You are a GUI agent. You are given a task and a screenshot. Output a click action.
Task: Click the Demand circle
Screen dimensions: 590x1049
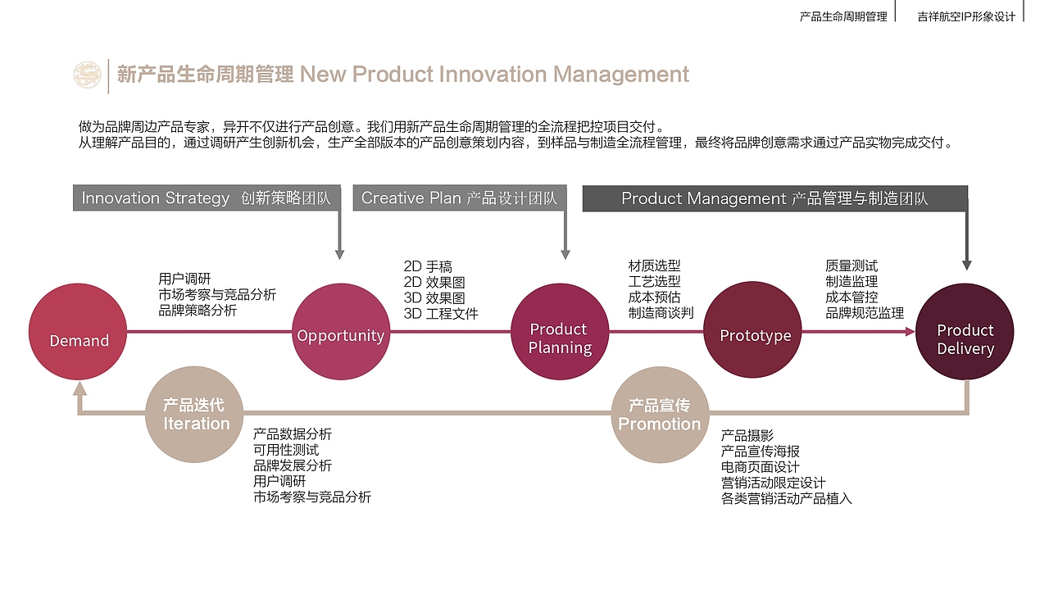coord(78,332)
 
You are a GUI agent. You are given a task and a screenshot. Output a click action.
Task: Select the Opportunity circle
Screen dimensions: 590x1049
coord(340,332)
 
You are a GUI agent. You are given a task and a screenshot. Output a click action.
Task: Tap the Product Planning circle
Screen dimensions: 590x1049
coord(560,332)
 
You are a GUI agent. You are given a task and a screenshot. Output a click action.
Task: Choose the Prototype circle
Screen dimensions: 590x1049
coord(753,331)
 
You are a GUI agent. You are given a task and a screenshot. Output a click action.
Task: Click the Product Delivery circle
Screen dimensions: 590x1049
coord(965,332)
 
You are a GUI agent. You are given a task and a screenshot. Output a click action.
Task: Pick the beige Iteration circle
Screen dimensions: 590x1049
coord(194,415)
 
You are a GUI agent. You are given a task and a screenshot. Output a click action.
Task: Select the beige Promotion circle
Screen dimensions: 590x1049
coord(660,415)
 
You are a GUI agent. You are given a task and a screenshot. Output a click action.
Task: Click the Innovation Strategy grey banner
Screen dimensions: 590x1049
coord(206,198)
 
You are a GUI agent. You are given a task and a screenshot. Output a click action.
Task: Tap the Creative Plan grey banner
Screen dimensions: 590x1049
coord(459,198)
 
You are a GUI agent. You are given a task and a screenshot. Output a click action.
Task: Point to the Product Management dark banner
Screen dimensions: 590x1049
coord(774,198)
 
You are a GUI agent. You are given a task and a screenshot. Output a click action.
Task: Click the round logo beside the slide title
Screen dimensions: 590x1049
coord(87,75)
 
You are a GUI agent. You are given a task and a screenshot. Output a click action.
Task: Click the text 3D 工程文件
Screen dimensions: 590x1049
coord(441,314)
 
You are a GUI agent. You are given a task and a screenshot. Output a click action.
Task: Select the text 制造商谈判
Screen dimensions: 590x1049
coord(661,313)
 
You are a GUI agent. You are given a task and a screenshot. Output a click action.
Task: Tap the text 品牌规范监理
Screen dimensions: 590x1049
coord(865,313)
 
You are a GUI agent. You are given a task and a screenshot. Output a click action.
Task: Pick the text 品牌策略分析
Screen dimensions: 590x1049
coord(198,311)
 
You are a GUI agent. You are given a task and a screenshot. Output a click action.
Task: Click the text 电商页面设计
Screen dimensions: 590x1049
coord(760,467)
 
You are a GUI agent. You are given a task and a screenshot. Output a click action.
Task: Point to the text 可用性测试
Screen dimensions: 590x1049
coord(286,450)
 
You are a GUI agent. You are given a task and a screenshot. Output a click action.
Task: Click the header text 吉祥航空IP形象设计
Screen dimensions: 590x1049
coord(966,16)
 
